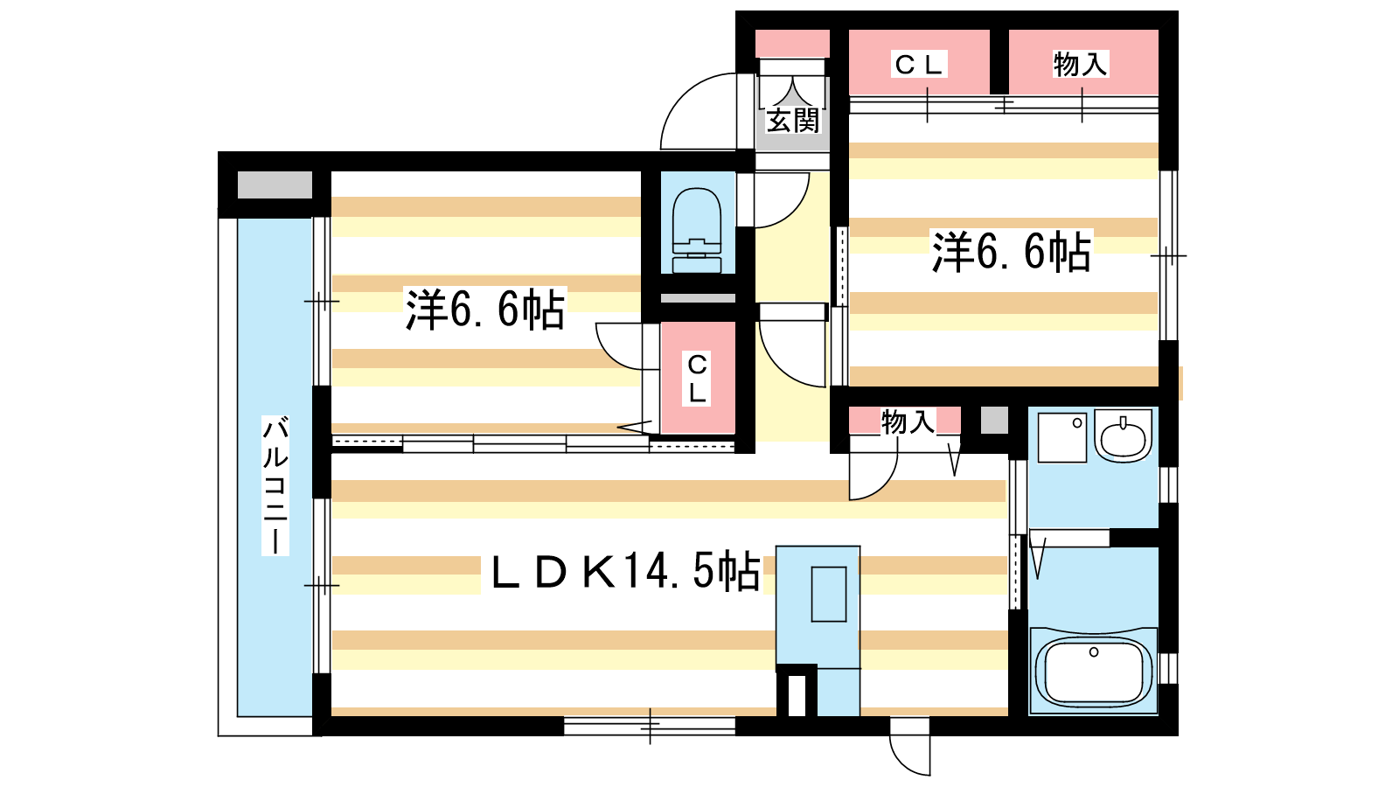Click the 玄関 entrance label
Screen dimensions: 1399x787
coord(792,120)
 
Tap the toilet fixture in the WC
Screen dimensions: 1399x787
coord(697,230)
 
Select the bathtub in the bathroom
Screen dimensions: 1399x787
coord(1094,671)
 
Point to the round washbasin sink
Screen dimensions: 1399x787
coord(1123,436)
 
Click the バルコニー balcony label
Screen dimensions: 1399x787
coord(275,485)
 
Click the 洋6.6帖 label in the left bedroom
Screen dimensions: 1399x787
coord(485,309)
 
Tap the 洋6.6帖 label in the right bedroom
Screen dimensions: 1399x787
coord(1011,252)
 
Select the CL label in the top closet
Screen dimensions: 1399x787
coord(918,65)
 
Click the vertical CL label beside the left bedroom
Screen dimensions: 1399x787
coord(697,379)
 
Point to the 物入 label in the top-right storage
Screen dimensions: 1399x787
coord(1081,65)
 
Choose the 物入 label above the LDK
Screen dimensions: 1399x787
coord(908,422)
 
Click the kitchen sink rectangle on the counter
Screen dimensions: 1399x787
coord(829,594)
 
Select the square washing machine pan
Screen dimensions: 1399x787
coord(1061,437)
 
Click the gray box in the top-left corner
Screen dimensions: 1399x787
coord(275,185)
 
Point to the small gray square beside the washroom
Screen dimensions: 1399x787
coord(994,421)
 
